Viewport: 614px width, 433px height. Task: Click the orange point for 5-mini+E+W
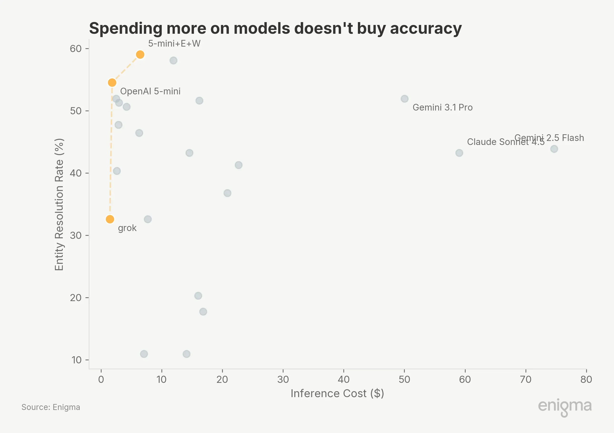(x=140, y=54)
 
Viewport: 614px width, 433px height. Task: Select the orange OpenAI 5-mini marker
(x=112, y=83)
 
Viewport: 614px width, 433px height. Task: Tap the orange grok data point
(x=110, y=219)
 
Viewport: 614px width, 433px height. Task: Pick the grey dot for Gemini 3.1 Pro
(x=404, y=99)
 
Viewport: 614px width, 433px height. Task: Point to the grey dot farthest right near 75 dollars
(x=554, y=149)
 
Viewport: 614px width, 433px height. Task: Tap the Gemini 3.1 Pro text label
(x=443, y=107)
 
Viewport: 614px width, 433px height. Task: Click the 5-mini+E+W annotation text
(x=174, y=43)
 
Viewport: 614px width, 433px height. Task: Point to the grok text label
(x=127, y=228)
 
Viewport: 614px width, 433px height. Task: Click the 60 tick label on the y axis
(x=76, y=49)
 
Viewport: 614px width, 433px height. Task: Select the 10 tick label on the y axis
(x=77, y=360)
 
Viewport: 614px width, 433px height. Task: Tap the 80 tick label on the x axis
(x=586, y=380)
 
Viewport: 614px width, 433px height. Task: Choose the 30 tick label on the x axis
(x=283, y=380)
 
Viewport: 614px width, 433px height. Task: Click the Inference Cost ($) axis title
(x=337, y=394)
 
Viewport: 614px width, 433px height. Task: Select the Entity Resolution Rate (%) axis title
(x=59, y=204)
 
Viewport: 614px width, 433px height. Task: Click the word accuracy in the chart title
(x=426, y=28)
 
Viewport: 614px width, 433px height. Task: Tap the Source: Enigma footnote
(x=51, y=407)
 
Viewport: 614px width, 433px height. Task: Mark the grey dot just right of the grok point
(x=148, y=219)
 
